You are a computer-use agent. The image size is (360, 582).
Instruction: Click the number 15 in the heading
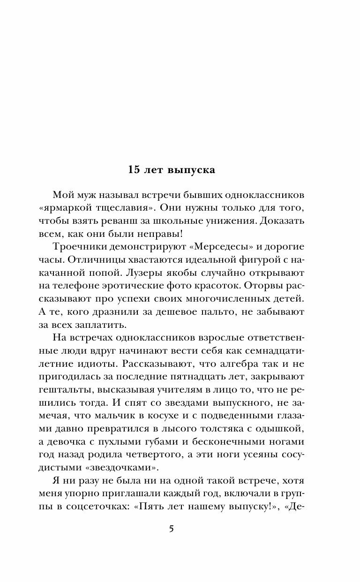tap(135, 170)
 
